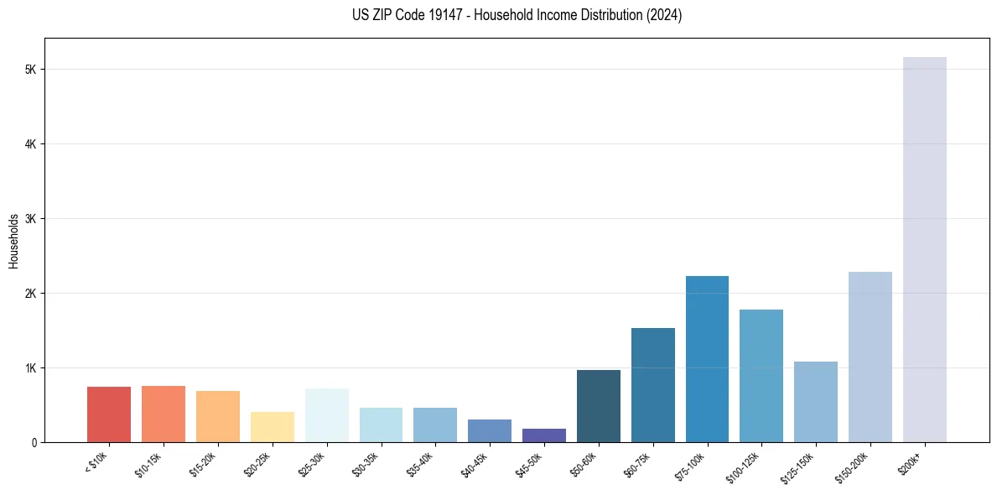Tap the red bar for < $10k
(x=109, y=414)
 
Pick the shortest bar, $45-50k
(x=543, y=435)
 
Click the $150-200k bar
(x=870, y=357)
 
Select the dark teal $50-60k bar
(x=598, y=406)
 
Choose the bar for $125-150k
(x=815, y=402)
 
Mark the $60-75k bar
(x=652, y=385)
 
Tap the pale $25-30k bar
(x=326, y=415)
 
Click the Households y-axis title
(x=13, y=241)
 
